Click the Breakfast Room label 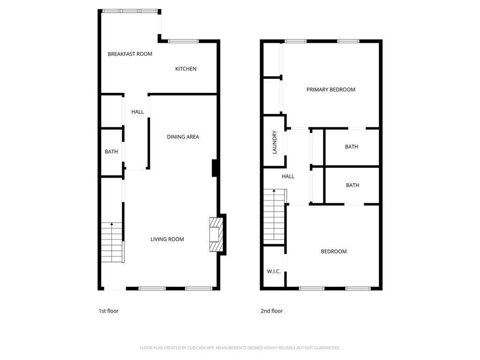click(130, 54)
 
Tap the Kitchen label click(186, 69)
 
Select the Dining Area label click(183, 137)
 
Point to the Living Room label click(167, 239)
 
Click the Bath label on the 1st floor click(111, 151)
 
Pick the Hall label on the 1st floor click(137, 112)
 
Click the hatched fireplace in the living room click(216, 234)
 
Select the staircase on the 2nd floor click(274, 216)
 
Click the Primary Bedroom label click(330, 90)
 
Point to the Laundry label click(275, 142)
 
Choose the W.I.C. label click(274, 271)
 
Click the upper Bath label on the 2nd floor click(351, 147)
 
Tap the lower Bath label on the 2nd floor click(352, 185)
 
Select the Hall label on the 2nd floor click(288, 176)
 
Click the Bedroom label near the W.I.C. click(333, 251)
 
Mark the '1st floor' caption click(108, 311)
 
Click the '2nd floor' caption click(271, 311)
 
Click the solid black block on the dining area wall click(215, 168)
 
